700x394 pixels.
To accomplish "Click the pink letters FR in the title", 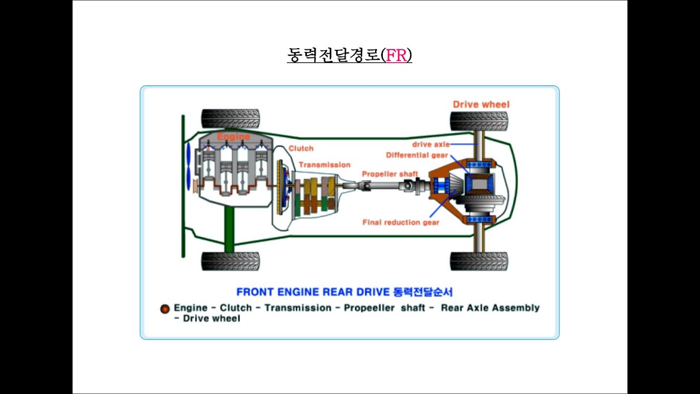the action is coord(396,55).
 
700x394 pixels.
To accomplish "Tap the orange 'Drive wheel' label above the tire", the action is coord(481,105).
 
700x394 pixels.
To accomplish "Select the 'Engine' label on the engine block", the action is coord(234,137).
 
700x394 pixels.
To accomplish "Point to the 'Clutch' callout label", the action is coord(301,148).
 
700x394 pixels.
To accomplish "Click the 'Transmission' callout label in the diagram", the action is coord(325,165).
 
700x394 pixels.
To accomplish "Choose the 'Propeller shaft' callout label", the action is coord(390,174).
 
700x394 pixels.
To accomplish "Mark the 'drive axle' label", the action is coord(431,144).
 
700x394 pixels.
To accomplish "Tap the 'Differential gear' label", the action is coord(417,155).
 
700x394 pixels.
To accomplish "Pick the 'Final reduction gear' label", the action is coord(401,222).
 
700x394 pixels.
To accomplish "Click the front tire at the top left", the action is coord(230,119).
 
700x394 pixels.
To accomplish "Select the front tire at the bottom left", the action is coord(230,262).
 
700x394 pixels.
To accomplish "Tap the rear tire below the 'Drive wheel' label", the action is coord(479,121).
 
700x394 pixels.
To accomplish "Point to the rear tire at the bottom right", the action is coord(479,262).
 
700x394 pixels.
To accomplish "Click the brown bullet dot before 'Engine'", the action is coord(165,309).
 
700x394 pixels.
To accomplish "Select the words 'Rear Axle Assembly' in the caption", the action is coord(490,308).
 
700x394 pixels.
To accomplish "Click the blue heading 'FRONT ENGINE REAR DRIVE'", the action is coord(313,292).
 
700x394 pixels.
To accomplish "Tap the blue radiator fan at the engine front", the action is coord(188,167).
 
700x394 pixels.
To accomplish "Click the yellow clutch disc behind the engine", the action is coord(279,187).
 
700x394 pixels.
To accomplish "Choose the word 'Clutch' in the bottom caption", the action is coord(236,308).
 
